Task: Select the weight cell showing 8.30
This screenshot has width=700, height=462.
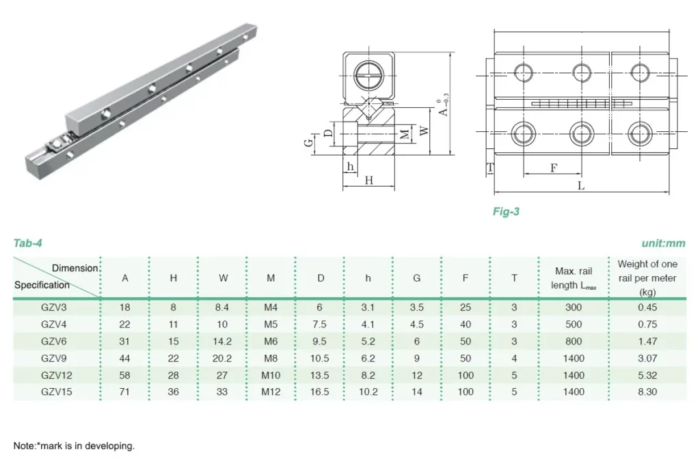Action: [647, 392]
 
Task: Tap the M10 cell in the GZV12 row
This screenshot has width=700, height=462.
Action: [271, 375]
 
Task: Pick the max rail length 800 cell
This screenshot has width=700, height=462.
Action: [574, 341]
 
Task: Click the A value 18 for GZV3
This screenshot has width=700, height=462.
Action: [125, 308]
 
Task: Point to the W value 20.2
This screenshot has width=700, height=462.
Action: [224, 358]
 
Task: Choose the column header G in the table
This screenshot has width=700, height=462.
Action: [416, 277]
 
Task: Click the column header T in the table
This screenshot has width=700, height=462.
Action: [514, 277]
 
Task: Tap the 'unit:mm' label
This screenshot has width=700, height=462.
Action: [663, 243]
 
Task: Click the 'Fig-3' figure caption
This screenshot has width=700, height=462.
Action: [506, 212]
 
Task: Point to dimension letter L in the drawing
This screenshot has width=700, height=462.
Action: [580, 185]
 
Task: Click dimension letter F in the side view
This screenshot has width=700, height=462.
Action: [554, 167]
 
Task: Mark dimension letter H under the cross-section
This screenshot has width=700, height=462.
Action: [369, 180]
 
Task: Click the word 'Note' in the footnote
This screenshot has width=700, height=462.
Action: [23, 446]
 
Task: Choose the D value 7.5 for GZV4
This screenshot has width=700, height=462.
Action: [319, 325]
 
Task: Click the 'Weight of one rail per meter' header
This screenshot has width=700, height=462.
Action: [647, 277]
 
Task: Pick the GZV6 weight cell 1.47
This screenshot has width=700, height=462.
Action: [647, 341]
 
